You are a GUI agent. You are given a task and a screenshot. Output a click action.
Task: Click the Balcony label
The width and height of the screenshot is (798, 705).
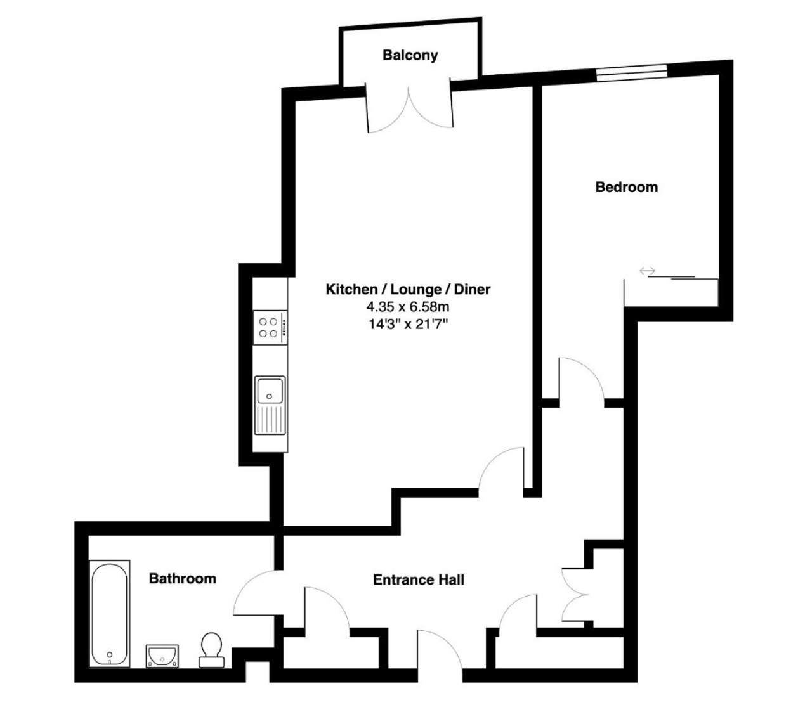click(x=410, y=55)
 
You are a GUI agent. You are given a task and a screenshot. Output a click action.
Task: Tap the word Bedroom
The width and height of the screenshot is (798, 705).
click(x=626, y=187)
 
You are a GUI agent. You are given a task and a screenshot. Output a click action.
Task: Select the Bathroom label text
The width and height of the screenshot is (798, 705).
click(x=182, y=579)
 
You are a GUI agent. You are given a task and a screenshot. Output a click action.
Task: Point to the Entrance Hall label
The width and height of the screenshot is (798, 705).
click(x=418, y=580)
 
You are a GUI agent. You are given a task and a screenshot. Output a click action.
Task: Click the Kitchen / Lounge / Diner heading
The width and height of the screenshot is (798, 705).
click(x=408, y=289)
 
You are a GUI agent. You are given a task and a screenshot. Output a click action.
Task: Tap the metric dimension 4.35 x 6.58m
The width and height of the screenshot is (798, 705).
click(x=408, y=306)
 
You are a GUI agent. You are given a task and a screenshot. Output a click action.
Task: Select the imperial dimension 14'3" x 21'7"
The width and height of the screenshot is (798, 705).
click(x=408, y=324)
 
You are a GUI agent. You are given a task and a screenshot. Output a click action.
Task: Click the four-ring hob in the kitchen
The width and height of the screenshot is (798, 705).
click(x=270, y=328)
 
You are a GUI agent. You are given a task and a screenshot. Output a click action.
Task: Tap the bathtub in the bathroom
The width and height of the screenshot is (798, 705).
click(x=110, y=614)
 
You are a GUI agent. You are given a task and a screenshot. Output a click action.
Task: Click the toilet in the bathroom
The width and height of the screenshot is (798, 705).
click(x=211, y=650)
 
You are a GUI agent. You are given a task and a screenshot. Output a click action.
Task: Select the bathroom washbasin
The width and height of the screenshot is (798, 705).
click(x=162, y=656)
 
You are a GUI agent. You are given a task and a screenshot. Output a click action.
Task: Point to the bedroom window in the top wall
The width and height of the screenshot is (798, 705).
click(x=631, y=73)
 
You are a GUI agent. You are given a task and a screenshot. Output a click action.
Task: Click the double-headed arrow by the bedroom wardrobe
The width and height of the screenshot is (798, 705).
click(x=647, y=271)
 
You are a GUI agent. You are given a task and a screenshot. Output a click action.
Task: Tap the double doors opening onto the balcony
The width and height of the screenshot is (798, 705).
click(x=410, y=108)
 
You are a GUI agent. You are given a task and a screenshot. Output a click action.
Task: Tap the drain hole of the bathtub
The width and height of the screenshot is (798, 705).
click(x=110, y=654)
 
